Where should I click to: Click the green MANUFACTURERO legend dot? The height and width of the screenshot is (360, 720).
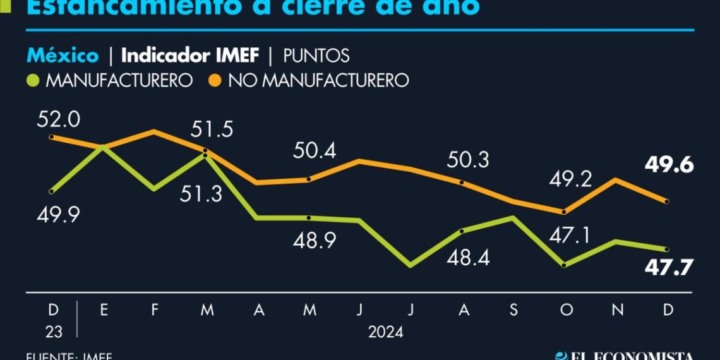[x=34, y=81]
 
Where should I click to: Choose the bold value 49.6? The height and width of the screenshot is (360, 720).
[x=669, y=165]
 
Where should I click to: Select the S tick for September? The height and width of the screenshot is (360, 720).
[x=513, y=309]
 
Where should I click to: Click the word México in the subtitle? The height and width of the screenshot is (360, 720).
[x=63, y=56]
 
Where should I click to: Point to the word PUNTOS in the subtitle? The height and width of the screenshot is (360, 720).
[x=316, y=56]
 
